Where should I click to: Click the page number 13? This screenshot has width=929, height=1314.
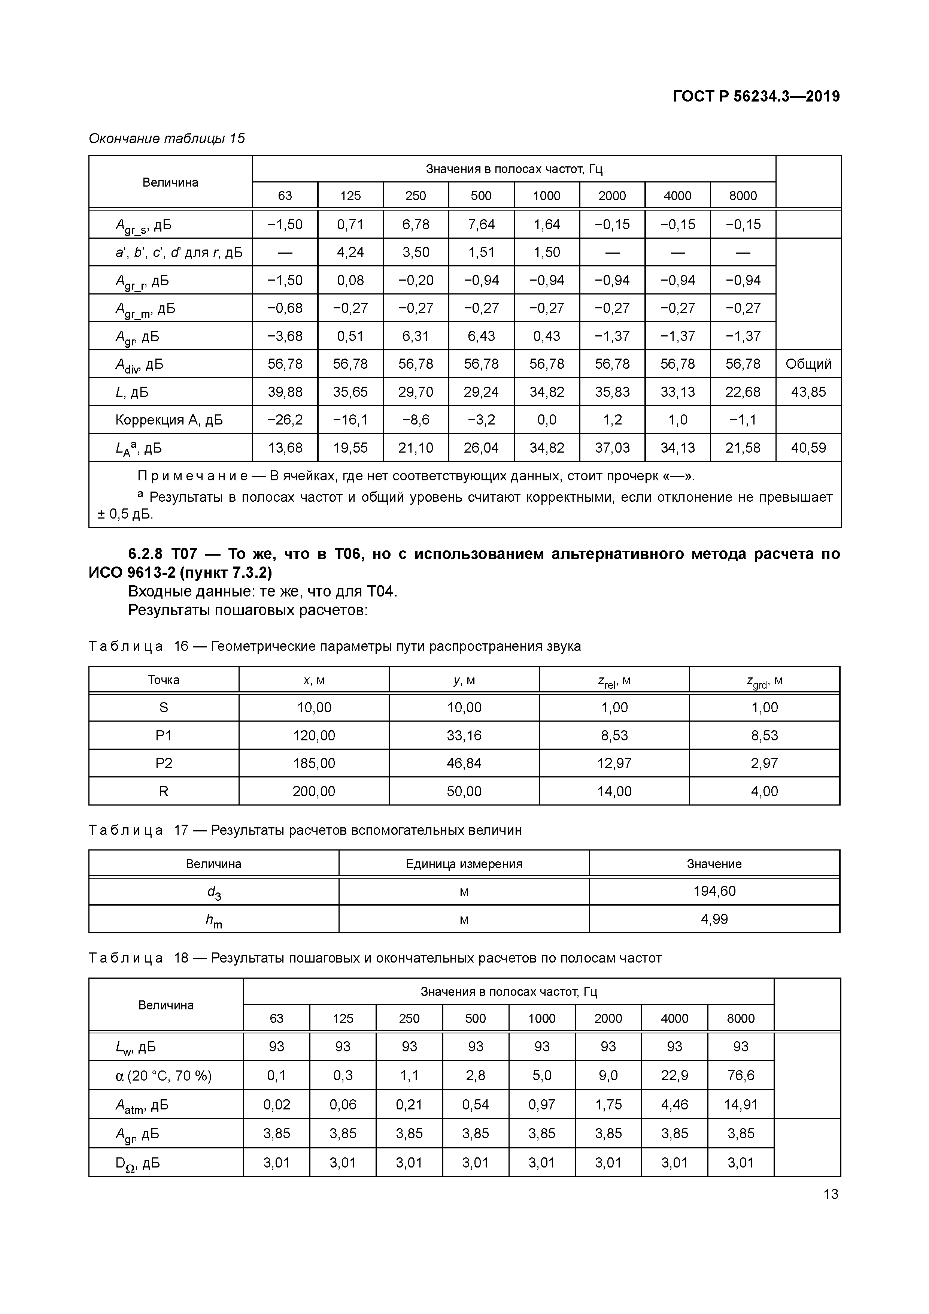(x=831, y=1194)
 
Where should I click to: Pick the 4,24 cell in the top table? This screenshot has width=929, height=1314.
(x=350, y=253)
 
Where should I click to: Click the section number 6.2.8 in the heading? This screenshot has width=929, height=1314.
(x=145, y=554)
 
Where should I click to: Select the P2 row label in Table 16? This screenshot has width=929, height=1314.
(x=164, y=764)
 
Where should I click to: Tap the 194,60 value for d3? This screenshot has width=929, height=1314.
(x=714, y=891)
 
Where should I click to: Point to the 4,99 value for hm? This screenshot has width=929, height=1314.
(x=714, y=919)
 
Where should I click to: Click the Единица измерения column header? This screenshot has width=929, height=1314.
(x=464, y=864)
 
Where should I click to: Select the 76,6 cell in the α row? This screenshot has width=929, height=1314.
(x=740, y=1075)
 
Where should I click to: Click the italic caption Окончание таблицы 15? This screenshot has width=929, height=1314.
(x=167, y=139)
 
